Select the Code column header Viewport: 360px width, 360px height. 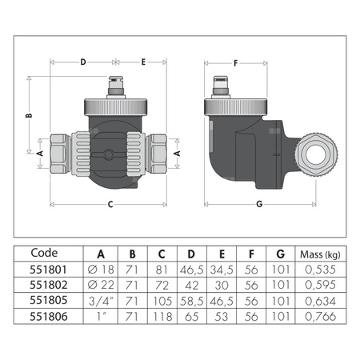(50, 256)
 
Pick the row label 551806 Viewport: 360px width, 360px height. (50, 318)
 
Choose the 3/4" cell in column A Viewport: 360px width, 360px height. (104, 303)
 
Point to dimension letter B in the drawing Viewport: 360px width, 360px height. (29, 115)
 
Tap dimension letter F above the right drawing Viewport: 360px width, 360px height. (235, 61)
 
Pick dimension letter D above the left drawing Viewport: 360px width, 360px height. (82, 61)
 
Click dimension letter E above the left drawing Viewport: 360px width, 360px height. (143, 61)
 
